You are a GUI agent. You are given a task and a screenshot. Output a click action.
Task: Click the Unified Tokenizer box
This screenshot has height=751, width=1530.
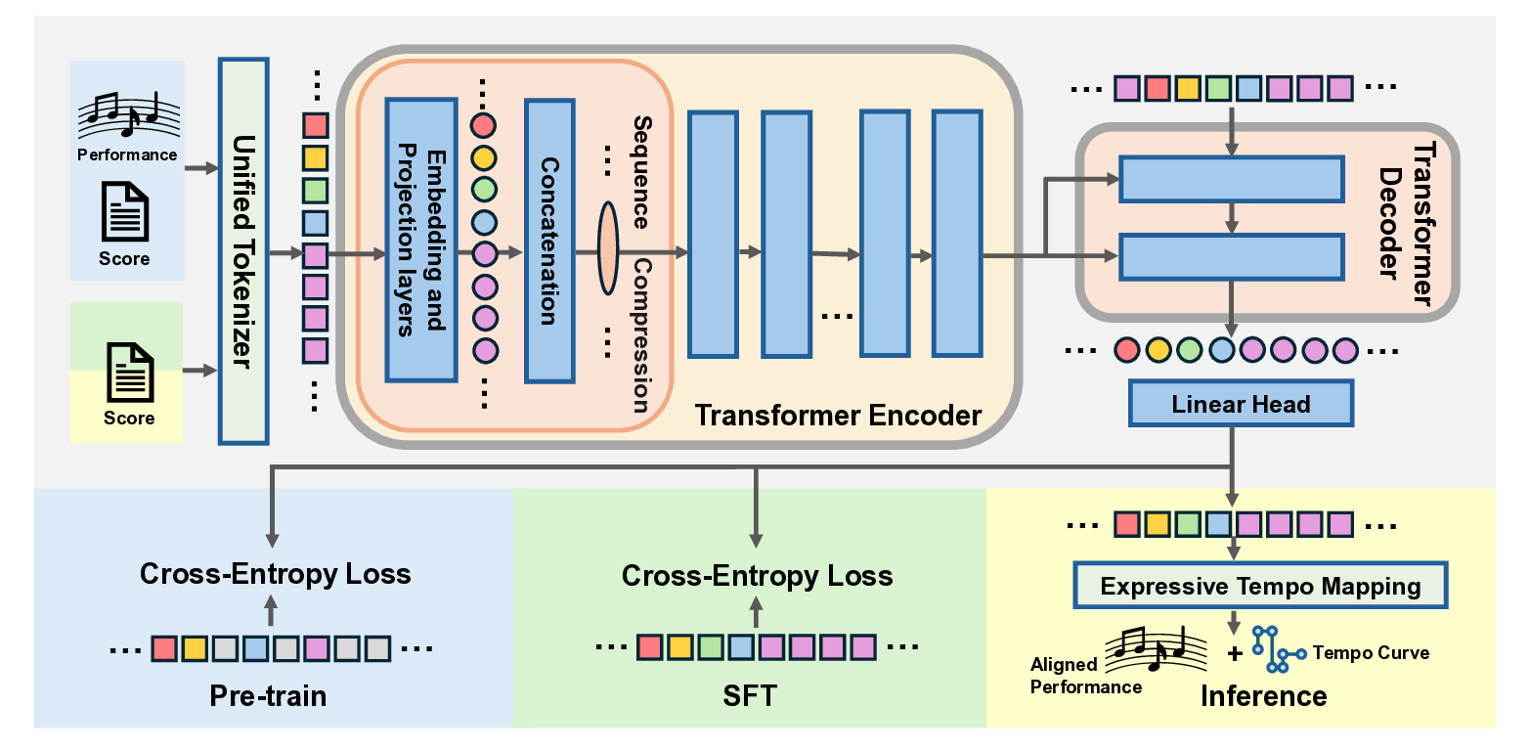tap(242, 250)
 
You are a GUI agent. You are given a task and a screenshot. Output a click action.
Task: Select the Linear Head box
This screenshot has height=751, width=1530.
tap(1241, 404)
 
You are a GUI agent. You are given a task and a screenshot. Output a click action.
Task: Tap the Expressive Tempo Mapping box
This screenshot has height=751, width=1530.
tap(1259, 587)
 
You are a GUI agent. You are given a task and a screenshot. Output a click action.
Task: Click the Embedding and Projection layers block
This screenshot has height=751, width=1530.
tap(421, 240)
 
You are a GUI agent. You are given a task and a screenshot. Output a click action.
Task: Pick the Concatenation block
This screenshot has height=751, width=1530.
tap(548, 240)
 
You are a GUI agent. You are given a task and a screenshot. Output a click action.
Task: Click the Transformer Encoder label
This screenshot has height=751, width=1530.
tap(837, 416)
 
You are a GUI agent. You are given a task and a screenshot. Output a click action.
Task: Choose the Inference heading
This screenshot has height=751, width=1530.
tap(1263, 696)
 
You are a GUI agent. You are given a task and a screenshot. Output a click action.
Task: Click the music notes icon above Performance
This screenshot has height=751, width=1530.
tap(127, 115)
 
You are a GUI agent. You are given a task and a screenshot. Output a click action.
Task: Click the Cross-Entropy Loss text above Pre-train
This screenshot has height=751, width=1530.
tap(275, 574)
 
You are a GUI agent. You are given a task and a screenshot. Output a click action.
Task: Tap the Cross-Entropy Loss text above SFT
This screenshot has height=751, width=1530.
tap(757, 576)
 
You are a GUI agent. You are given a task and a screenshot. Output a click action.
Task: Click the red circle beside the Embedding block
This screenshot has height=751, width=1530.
tap(484, 125)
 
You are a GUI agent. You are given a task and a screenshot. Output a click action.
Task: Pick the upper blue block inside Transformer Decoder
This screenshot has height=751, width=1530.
tap(1231, 180)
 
